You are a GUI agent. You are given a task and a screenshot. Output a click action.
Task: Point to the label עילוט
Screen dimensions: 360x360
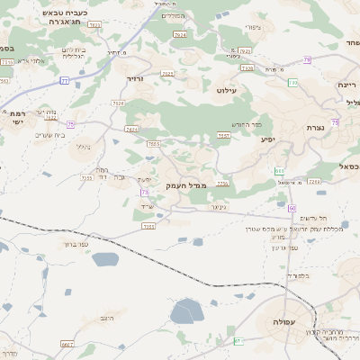pyautogui.click(x=227, y=90)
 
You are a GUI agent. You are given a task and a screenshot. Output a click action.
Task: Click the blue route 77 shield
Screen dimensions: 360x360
pyautogui.click(x=64, y=81)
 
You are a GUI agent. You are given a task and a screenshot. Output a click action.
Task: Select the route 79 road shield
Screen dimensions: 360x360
pyautogui.click(x=307, y=60)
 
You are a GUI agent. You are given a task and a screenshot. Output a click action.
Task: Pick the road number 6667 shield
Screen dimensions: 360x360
pyautogui.click(x=67, y=344)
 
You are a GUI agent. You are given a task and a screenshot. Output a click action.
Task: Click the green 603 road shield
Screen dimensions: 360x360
pyautogui.click(x=280, y=171)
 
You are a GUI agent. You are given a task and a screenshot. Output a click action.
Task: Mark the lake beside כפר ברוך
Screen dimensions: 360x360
pyautogui.click(x=104, y=261)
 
